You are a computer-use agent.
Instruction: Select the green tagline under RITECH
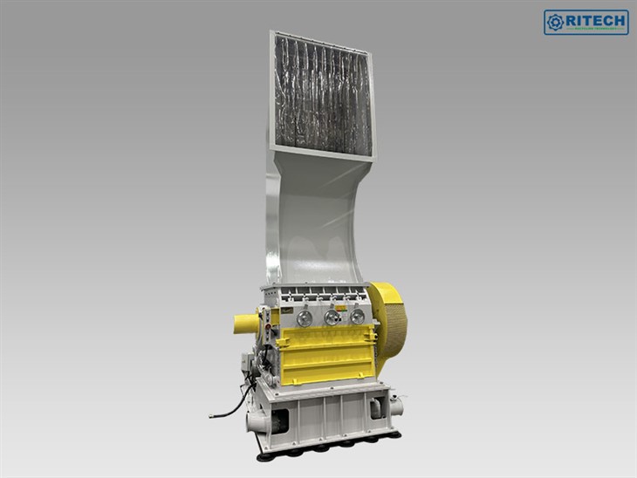pos(595,30)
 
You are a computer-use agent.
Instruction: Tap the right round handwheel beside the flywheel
pos(357,317)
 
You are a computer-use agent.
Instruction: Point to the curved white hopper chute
pos(315,218)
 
